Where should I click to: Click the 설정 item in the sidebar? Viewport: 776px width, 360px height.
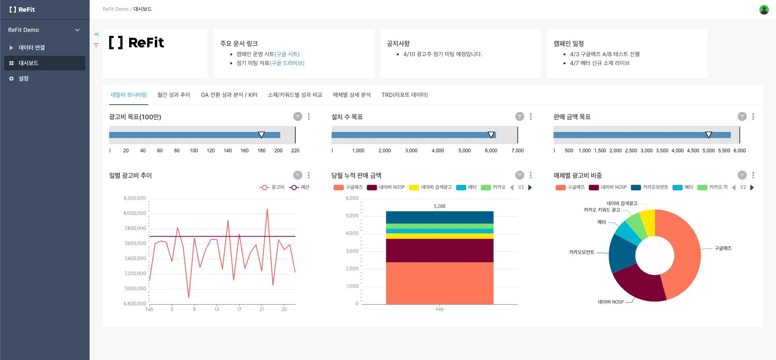point(23,79)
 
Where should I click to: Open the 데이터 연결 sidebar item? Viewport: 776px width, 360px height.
point(31,48)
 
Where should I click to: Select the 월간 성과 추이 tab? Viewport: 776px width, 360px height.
point(174,95)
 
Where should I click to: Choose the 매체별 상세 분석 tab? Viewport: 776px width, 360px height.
point(352,95)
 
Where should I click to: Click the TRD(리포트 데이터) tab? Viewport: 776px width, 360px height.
point(404,95)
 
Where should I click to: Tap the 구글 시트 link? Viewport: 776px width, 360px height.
point(287,54)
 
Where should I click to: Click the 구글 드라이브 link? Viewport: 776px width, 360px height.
point(287,63)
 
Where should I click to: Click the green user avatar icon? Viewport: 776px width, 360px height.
point(764,9)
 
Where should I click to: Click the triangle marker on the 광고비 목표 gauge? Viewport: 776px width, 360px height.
point(262,135)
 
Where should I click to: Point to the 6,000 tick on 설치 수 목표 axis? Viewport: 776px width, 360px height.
point(491,151)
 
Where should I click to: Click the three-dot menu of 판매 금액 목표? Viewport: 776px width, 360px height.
point(753,117)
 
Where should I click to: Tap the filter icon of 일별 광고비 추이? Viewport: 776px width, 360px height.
point(298,175)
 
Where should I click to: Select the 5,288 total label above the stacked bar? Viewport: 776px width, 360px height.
point(440,206)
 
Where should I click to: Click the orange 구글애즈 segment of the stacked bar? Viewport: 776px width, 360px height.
point(440,283)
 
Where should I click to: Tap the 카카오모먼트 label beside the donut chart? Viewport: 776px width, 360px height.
point(581,252)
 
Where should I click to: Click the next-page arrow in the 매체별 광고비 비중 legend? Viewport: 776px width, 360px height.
point(752,187)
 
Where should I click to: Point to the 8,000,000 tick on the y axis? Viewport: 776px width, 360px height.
point(135,213)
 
